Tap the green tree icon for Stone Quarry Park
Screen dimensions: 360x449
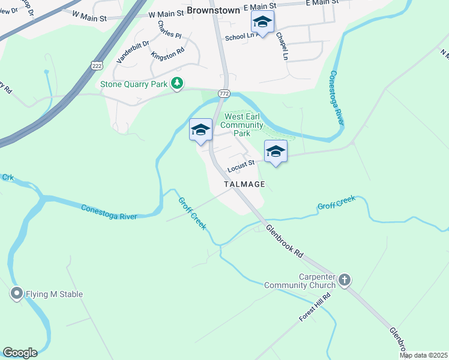pyautogui.click(x=177, y=84)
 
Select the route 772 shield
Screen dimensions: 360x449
pyautogui.click(x=224, y=94)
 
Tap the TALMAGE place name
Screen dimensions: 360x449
pyautogui.click(x=244, y=184)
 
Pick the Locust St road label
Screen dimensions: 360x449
pyautogui.click(x=241, y=163)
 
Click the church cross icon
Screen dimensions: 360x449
pyautogui.click(x=345, y=280)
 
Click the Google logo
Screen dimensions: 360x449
pyautogui.click(x=20, y=353)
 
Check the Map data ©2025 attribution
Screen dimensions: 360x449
pyautogui.click(x=423, y=355)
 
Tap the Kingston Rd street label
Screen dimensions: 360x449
pyautogui.click(x=167, y=55)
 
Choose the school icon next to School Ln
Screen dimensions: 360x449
pyautogui.click(x=262, y=23)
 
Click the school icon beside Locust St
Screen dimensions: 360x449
pyautogui.click(x=276, y=151)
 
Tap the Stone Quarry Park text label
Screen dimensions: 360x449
pyautogui.click(x=134, y=85)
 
